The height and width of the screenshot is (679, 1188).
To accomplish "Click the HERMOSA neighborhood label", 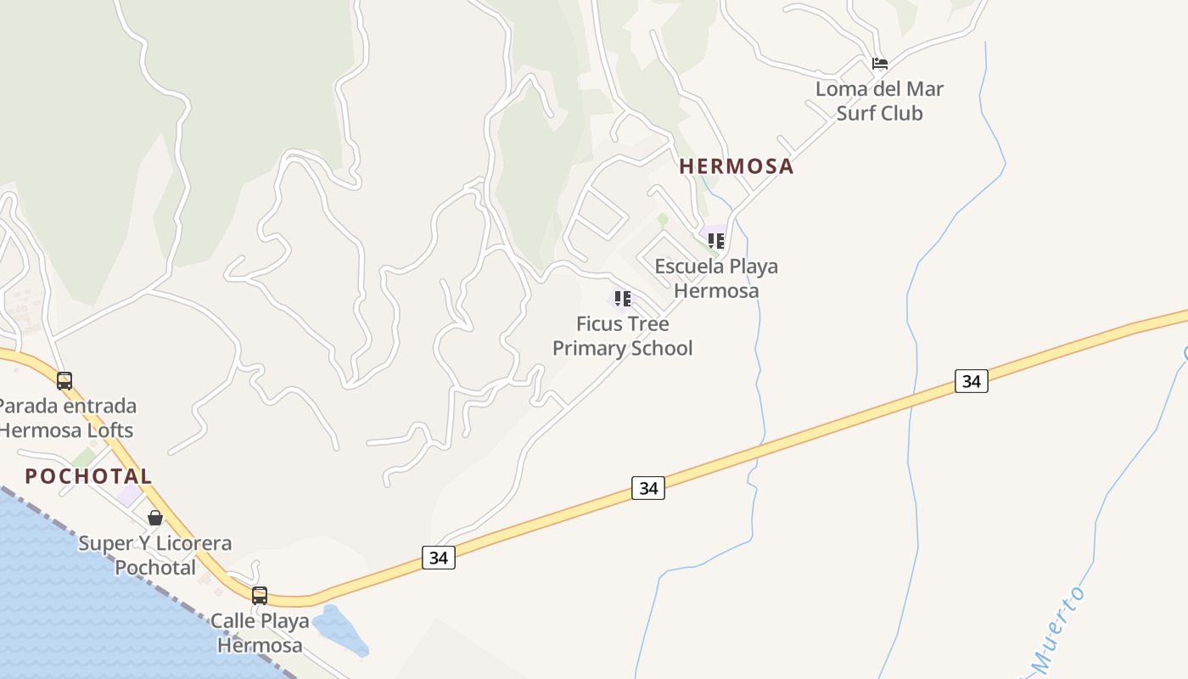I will pyautogui.click(x=737, y=166).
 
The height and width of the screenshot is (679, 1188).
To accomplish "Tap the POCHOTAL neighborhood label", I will pyautogui.click(x=88, y=476).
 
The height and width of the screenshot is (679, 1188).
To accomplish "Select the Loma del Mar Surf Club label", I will pyautogui.click(x=879, y=101).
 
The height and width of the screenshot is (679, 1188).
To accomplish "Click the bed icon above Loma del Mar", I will pyautogui.click(x=880, y=64).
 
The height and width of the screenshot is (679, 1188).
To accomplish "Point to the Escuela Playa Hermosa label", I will pyautogui.click(x=716, y=278).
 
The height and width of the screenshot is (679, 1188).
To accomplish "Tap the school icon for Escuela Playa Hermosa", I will pyautogui.click(x=716, y=241).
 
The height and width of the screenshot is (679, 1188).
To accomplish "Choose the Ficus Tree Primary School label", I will pyautogui.click(x=623, y=336).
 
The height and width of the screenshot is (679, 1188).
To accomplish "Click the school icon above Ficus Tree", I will pyautogui.click(x=623, y=299).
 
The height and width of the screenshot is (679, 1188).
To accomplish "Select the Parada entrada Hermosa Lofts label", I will pyautogui.click(x=66, y=418).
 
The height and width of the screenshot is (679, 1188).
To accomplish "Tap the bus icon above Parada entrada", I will pyautogui.click(x=64, y=381).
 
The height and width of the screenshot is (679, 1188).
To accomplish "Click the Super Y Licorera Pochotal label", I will pyautogui.click(x=155, y=555).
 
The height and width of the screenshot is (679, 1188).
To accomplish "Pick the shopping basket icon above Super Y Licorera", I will pyautogui.click(x=155, y=518).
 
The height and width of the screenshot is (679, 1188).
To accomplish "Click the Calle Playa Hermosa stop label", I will pyautogui.click(x=260, y=633).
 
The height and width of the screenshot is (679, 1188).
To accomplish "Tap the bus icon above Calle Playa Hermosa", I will pyautogui.click(x=260, y=596).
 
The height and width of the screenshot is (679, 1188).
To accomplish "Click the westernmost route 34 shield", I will pyautogui.click(x=438, y=558).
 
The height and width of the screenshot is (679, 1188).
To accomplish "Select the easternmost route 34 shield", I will pyautogui.click(x=972, y=381).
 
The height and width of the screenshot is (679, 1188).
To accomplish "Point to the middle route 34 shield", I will pyautogui.click(x=648, y=488).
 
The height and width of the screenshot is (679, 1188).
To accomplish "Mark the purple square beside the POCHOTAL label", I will pyautogui.click(x=129, y=496).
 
